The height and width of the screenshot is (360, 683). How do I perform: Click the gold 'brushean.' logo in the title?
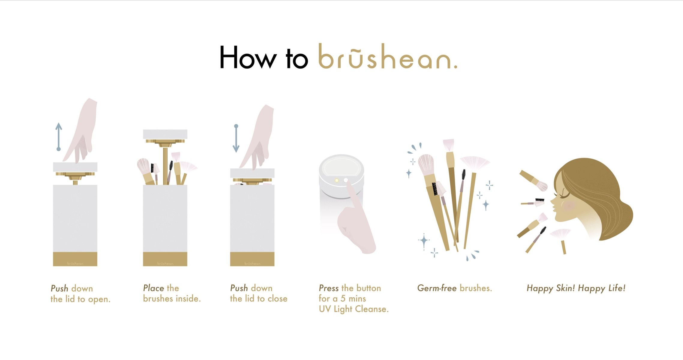[387, 57]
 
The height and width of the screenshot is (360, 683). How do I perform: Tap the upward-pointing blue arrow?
[59, 136]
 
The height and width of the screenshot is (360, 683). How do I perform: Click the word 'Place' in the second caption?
[153, 288]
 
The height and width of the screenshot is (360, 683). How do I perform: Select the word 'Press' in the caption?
[329, 288]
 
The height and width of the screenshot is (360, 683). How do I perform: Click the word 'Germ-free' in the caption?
[437, 288]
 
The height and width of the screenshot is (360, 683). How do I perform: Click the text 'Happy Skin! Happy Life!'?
[576, 288]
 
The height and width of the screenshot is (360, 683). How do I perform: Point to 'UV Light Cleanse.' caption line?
[354, 309]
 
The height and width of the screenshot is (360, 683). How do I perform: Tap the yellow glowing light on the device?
[337, 180]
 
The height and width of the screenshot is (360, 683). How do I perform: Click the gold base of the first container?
[75, 259]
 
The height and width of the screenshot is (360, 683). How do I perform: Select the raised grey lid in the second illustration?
[165, 134]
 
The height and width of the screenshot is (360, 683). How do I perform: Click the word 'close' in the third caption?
[277, 299]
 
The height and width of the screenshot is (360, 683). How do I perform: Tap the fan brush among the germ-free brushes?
[475, 162]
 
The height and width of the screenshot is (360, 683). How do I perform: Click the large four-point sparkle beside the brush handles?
[423, 241]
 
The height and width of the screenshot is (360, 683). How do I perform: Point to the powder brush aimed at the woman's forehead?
[534, 181]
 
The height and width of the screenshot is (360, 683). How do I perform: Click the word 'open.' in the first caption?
[99, 299]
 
